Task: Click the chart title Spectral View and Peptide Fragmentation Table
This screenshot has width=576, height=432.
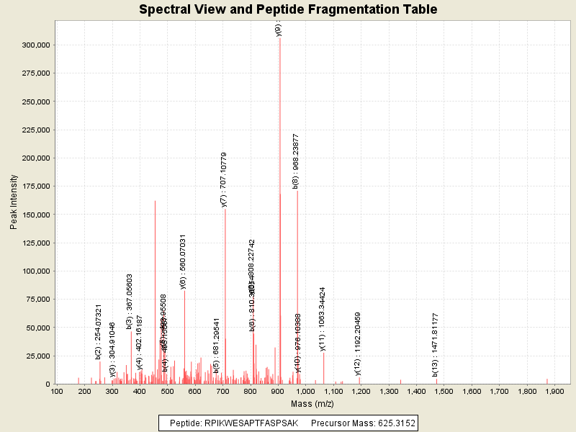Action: click(x=288, y=9)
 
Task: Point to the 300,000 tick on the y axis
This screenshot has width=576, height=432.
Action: click(x=35, y=45)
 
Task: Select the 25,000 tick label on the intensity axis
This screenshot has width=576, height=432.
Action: click(x=37, y=356)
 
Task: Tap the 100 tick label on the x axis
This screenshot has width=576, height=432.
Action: click(x=56, y=392)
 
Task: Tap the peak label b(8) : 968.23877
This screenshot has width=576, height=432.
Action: click(x=296, y=161)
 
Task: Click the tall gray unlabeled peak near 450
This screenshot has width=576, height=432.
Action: click(x=155, y=288)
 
